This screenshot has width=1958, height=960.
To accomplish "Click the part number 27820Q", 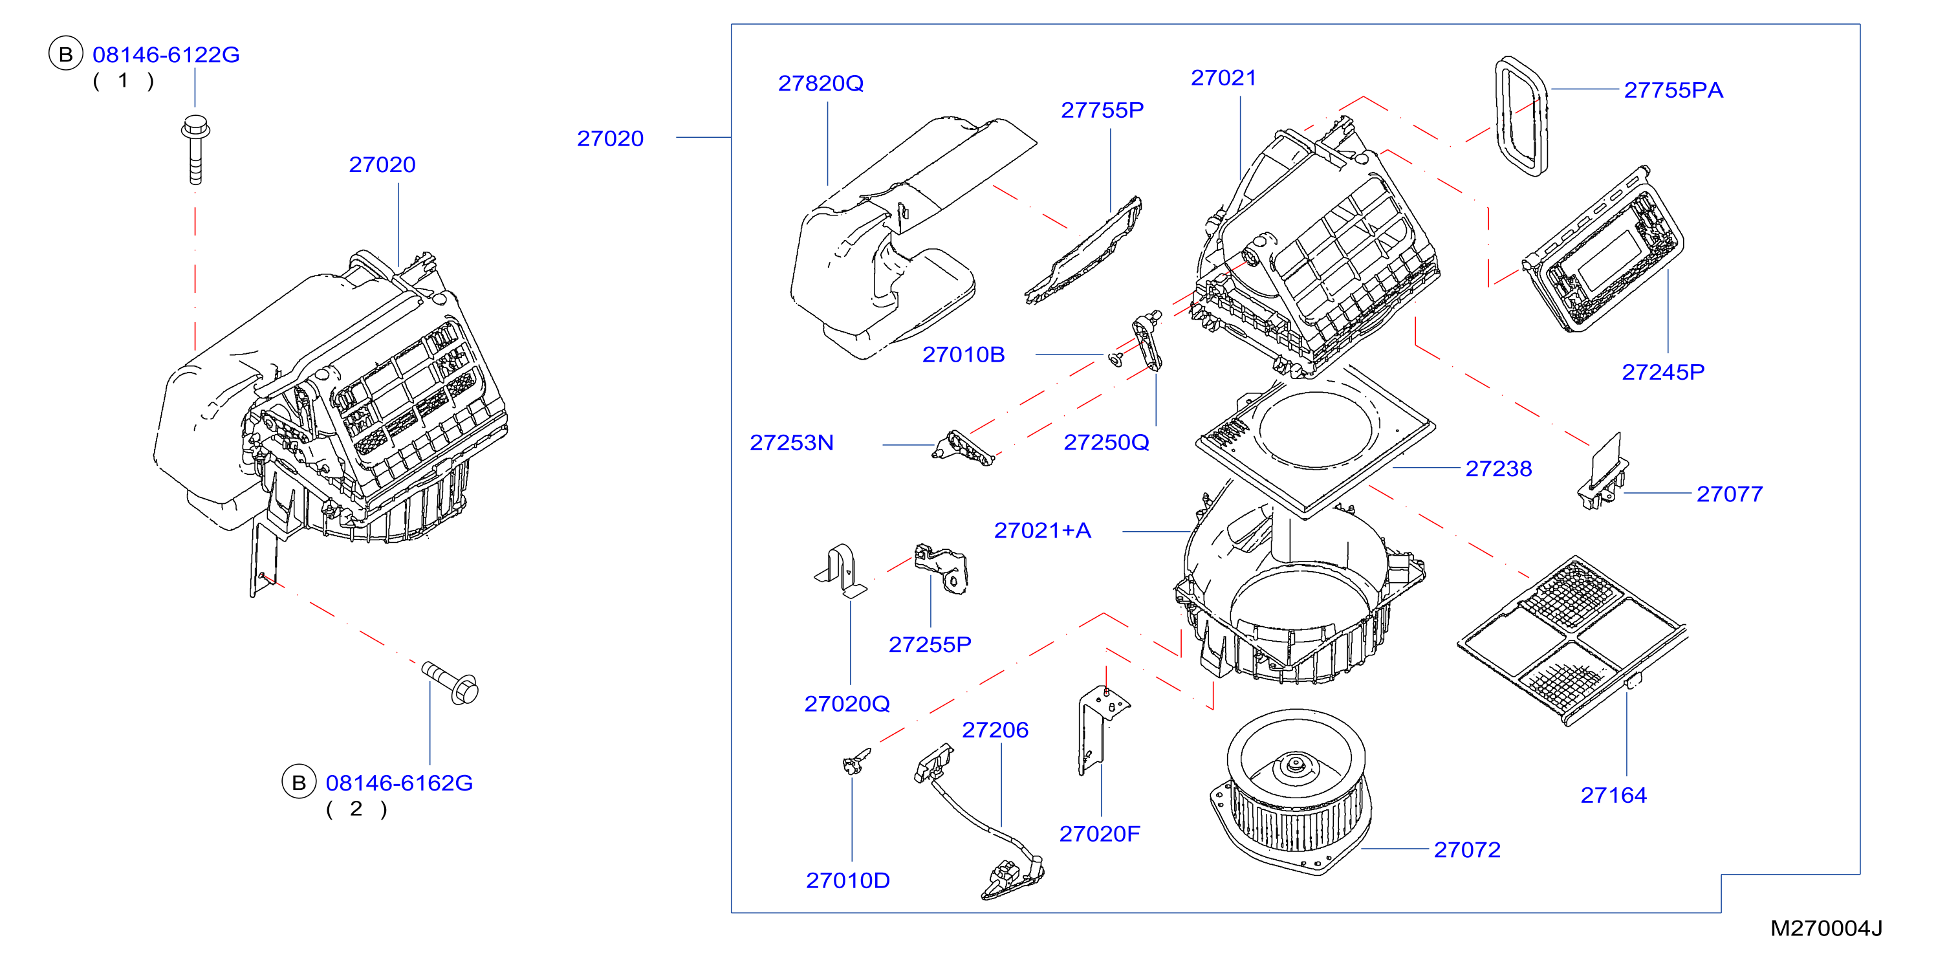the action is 820,83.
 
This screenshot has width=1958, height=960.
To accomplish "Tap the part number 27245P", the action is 1663,372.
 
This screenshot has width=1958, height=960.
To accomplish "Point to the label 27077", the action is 1729,494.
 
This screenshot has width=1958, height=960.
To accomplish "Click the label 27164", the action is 1613,795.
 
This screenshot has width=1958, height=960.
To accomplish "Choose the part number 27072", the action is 1467,850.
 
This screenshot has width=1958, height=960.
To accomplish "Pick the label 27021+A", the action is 1042,530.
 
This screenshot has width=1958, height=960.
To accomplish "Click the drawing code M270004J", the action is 1826,928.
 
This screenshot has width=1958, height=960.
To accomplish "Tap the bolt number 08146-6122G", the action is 166,55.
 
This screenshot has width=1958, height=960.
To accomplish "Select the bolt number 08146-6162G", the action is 399,783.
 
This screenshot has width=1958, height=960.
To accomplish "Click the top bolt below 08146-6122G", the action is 195,149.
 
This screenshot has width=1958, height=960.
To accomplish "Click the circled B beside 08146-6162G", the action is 299,782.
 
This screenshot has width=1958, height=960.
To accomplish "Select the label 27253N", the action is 791,442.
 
